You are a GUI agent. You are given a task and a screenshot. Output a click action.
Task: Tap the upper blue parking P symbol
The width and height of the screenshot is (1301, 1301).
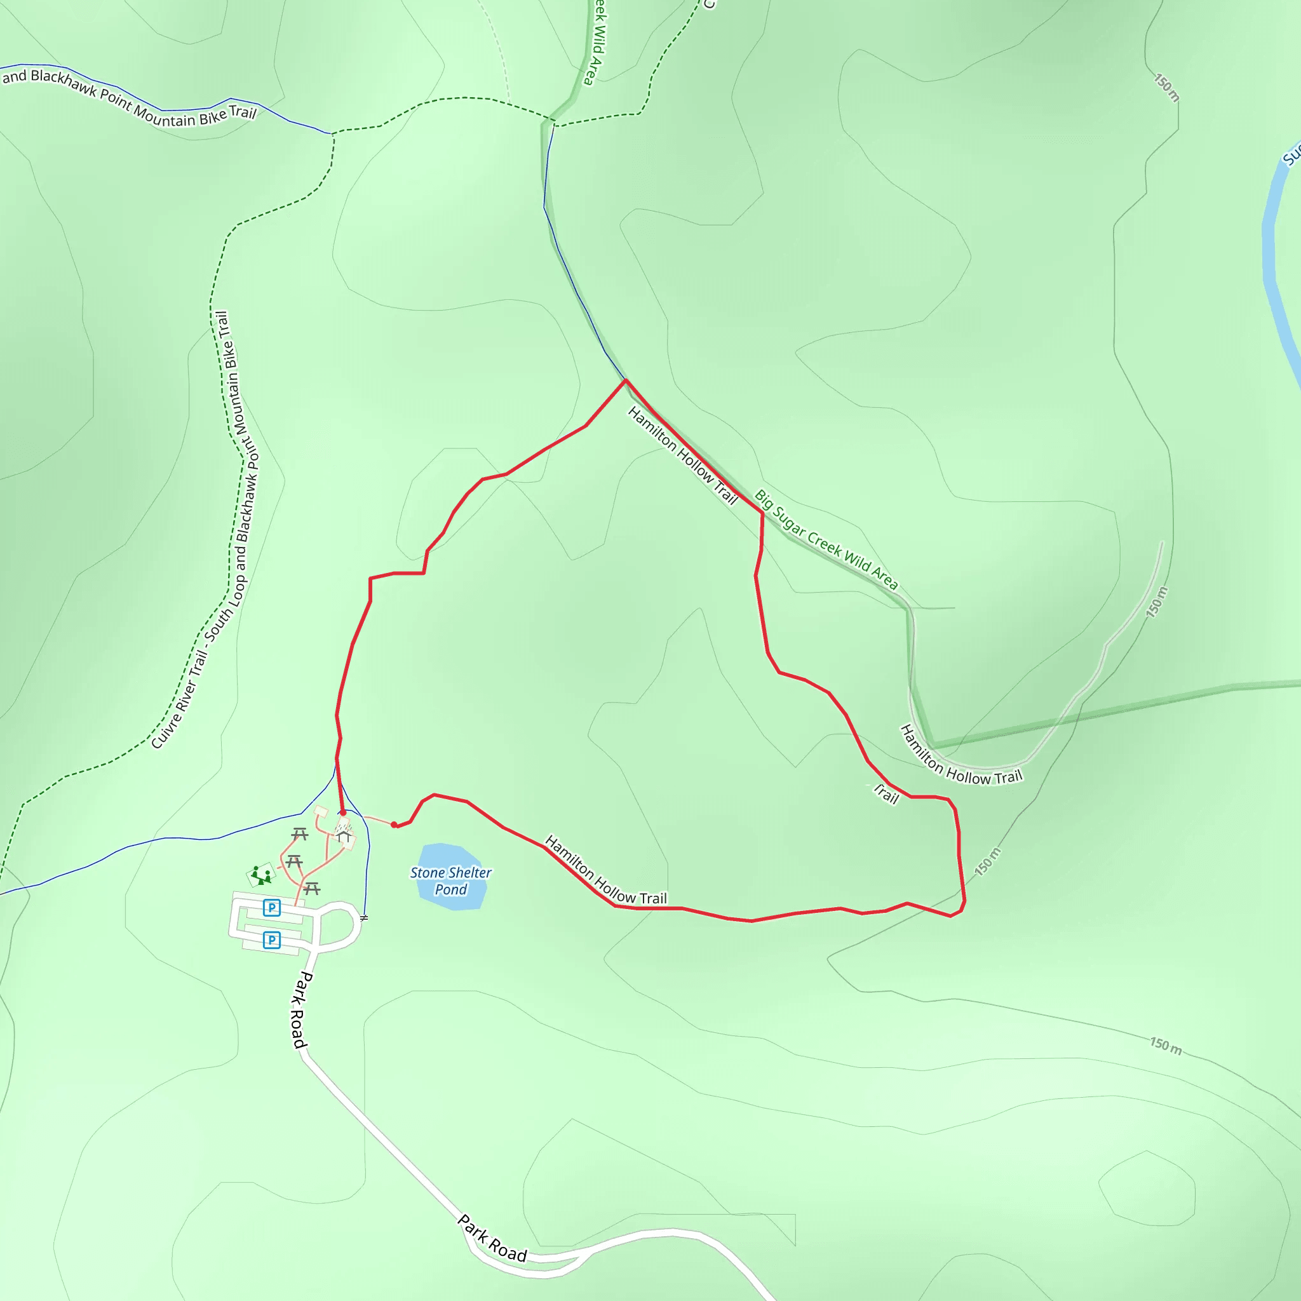click(x=271, y=908)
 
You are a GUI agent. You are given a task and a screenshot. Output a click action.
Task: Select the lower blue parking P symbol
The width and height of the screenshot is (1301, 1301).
click(x=271, y=940)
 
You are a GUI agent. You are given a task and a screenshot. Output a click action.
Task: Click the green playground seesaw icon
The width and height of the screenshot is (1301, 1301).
click(x=261, y=875)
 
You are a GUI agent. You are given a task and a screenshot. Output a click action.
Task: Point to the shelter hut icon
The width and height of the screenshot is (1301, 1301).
click(x=344, y=837)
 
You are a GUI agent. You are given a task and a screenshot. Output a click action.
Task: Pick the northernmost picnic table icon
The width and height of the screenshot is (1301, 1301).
click(x=300, y=834)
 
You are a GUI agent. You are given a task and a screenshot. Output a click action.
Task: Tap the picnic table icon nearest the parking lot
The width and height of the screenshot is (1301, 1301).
click(x=311, y=888)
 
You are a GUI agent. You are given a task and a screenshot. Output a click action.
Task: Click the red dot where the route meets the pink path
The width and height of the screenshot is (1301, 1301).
click(x=394, y=824)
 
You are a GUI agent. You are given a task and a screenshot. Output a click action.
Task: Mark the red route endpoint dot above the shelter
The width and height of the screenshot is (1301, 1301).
click(x=343, y=812)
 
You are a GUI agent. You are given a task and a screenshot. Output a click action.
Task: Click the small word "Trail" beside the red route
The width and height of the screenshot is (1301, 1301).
click(x=886, y=794)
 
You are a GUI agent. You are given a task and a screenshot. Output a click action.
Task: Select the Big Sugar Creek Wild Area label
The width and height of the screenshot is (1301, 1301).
click(x=826, y=540)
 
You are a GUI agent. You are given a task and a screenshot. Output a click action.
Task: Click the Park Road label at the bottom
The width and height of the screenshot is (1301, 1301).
click(x=492, y=1237)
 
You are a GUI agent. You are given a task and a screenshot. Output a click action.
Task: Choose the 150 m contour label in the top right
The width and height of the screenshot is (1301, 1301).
click(x=1166, y=88)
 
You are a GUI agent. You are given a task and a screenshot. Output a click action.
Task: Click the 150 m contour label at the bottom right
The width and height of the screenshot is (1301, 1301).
click(x=1166, y=1046)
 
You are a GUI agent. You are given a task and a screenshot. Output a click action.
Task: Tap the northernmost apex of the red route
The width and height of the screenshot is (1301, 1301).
click(x=626, y=381)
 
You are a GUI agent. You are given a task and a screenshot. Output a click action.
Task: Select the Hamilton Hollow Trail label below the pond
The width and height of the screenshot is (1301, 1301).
click(x=605, y=870)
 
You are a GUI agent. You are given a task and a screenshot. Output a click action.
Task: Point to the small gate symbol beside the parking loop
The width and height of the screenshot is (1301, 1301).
click(x=364, y=918)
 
